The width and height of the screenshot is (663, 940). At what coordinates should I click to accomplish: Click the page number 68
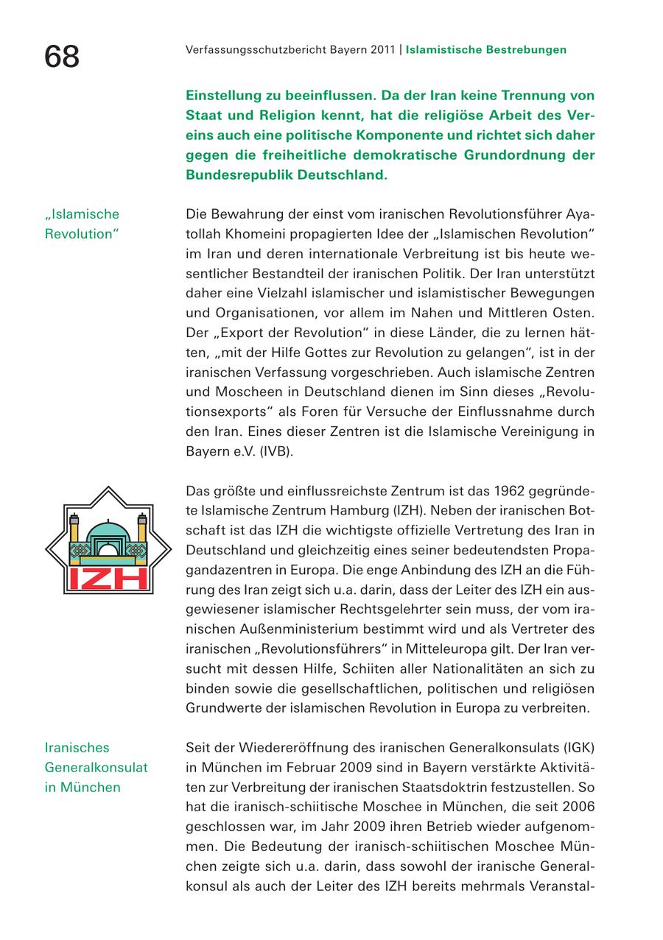coord(62,56)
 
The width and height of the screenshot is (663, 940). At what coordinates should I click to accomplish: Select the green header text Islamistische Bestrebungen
coord(486,50)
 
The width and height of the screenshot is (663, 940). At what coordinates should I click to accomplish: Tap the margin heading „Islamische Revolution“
coord(82,224)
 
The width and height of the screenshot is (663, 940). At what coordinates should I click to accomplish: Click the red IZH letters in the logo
coord(108,578)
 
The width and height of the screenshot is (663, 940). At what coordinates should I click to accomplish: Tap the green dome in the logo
coord(108,529)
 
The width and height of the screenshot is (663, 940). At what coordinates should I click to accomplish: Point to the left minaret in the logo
coord(74,534)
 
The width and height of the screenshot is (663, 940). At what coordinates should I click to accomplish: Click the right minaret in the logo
coord(143,534)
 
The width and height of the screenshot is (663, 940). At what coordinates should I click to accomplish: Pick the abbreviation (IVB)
coord(277,450)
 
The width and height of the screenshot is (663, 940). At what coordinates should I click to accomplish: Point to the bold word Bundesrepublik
coord(234,176)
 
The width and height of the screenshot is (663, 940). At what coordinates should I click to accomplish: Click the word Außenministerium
coord(306,629)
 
